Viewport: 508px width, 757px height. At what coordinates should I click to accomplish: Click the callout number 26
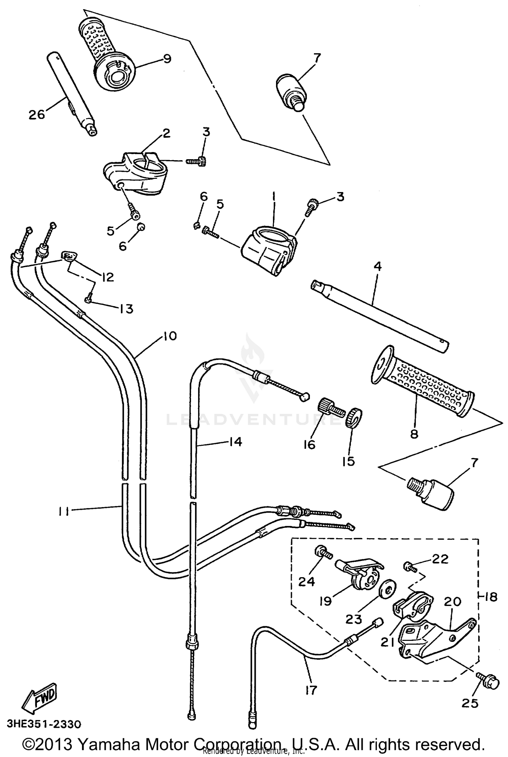coord(37,114)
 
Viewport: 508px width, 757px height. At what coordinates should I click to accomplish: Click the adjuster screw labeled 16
coord(327,405)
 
